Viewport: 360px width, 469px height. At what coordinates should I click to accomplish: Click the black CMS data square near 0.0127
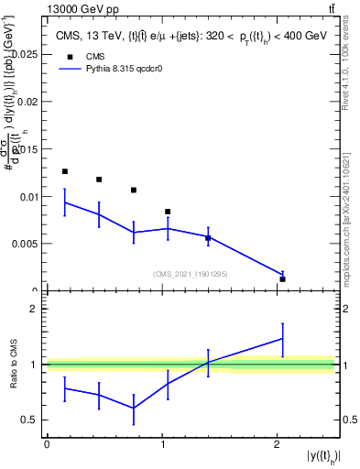(x=64, y=171)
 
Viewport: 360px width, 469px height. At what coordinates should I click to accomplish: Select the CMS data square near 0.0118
(x=99, y=180)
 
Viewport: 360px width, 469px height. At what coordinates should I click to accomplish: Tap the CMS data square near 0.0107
(x=134, y=191)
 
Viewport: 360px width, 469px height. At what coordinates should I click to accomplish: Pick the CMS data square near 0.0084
(x=168, y=212)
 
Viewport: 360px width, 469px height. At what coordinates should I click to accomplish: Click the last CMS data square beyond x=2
(x=283, y=278)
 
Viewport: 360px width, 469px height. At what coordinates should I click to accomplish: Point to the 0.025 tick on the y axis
(x=27, y=54)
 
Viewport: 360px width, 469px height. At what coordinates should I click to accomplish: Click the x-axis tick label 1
(x=162, y=444)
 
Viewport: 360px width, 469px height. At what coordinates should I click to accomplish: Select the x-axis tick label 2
(x=278, y=444)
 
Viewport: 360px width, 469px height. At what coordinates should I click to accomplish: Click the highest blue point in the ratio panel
(x=283, y=338)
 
